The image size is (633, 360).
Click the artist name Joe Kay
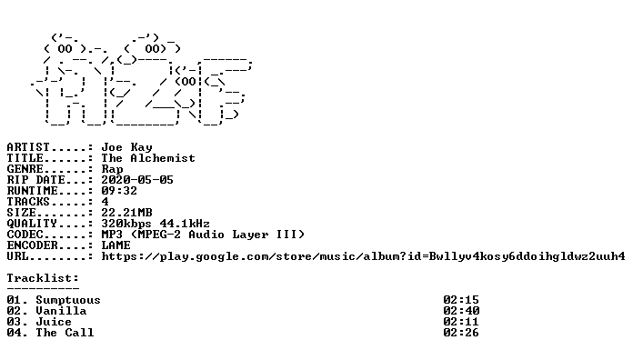click(x=126, y=147)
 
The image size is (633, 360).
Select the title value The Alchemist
click(x=148, y=158)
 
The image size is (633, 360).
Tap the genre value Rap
click(x=112, y=169)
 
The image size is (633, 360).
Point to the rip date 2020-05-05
click(x=137, y=180)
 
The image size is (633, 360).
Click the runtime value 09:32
click(x=119, y=191)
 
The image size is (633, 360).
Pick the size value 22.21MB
click(x=126, y=213)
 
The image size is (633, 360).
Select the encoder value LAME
click(x=116, y=245)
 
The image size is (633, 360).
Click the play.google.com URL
click(x=363, y=256)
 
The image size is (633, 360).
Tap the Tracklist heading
click(x=43, y=278)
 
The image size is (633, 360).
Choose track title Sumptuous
click(x=68, y=300)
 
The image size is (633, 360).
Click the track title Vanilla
click(x=61, y=311)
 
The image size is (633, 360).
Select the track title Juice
click(x=54, y=322)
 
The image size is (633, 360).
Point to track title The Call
click(x=65, y=333)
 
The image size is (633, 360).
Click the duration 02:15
click(x=461, y=300)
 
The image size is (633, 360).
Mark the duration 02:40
click(x=461, y=311)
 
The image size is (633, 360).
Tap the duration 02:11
click(x=461, y=322)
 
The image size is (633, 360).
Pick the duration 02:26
click(x=461, y=333)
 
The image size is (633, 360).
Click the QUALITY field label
click(x=32, y=224)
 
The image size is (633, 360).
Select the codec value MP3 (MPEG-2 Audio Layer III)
click(x=203, y=235)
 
